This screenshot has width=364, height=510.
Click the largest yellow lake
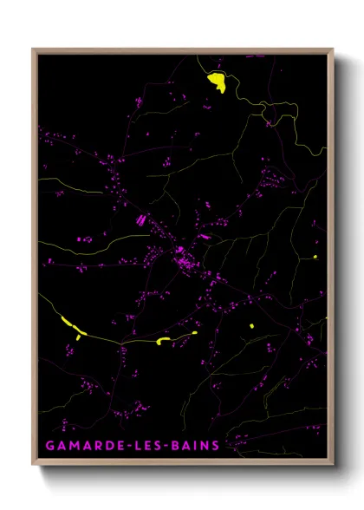(216, 82)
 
